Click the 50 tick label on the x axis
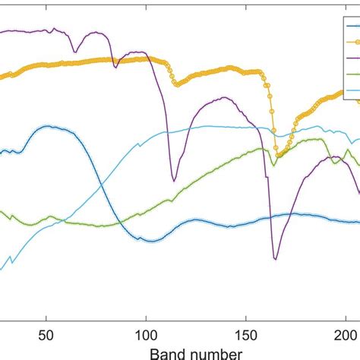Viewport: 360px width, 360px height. point(47,336)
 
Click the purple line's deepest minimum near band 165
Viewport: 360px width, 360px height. point(276,259)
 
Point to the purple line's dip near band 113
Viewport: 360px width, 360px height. point(174,180)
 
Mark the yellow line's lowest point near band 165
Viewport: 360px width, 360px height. point(277,155)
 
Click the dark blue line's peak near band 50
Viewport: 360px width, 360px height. point(48,126)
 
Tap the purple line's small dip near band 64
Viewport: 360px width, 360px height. point(74,52)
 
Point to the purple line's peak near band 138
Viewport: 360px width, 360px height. point(223,97)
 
